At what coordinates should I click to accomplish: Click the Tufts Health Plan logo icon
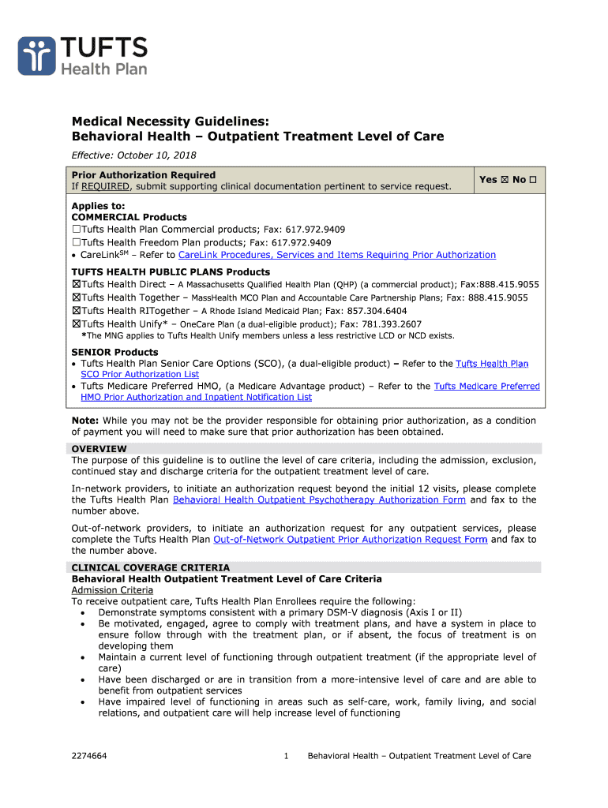coord(36,55)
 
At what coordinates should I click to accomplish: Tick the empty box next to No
coord(533,180)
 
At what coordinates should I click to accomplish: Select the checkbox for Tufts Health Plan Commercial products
coord(77,230)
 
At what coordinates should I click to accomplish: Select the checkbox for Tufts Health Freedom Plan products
coord(77,242)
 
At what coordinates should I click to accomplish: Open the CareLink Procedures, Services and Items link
coord(337,255)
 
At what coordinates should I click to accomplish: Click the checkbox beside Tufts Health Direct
coord(77,284)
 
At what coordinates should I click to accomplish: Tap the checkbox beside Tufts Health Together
coord(77,297)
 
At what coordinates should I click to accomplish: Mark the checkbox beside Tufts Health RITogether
coord(77,311)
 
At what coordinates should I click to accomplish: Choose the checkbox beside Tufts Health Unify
coord(77,324)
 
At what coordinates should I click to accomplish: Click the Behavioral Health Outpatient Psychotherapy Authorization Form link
coord(320,499)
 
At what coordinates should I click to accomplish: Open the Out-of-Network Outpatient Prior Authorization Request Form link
coord(350,540)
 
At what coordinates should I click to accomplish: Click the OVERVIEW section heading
coord(99,449)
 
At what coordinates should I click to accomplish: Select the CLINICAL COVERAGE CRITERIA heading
coord(151,567)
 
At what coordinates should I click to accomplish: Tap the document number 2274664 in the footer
coord(89,756)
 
